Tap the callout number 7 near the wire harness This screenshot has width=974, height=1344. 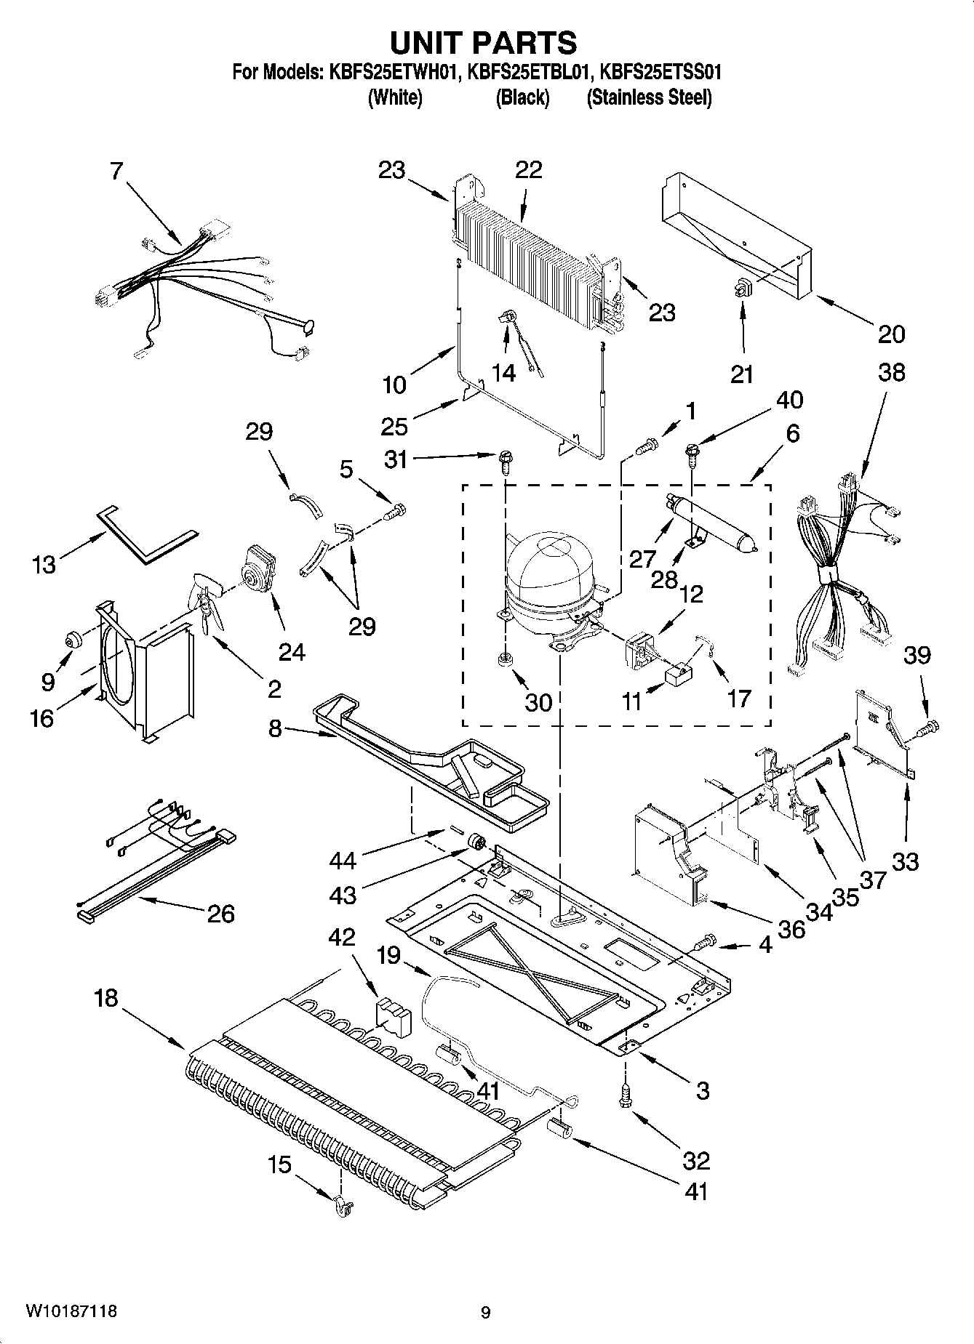click(116, 171)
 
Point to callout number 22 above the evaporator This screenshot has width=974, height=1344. click(529, 169)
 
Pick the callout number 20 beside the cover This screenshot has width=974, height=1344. click(891, 334)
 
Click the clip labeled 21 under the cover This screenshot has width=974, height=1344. click(743, 289)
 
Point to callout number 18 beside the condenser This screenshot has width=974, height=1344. click(105, 998)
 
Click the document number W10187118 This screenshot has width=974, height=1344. click(71, 1311)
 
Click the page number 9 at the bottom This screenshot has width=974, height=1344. click(485, 1312)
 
